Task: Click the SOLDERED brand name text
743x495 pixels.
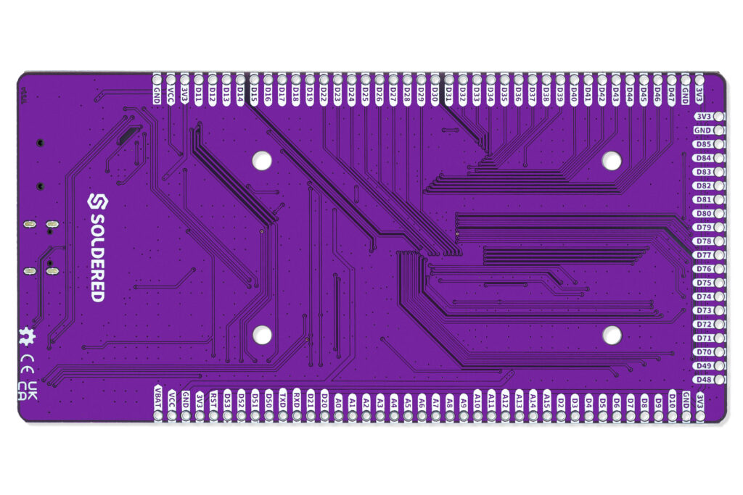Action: click(x=97, y=257)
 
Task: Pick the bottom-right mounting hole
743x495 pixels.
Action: click(x=612, y=334)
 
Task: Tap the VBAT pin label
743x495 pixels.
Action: click(x=158, y=402)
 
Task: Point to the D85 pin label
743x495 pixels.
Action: click(x=703, y=144)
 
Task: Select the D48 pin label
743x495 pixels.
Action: click(x=703, y=379)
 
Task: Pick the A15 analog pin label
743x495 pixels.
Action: click(x=547, y=400)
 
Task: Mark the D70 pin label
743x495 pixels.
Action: click(x=703, y=352)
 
